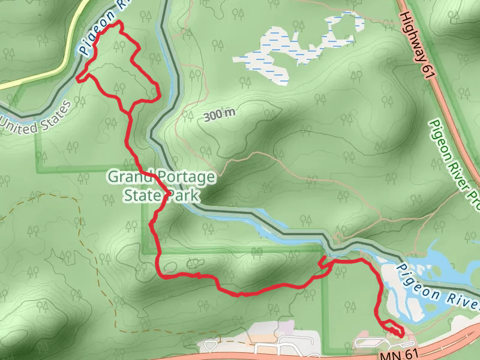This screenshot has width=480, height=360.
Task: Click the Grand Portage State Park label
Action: pos(160,186)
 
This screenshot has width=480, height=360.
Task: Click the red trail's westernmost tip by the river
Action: pos(77,77)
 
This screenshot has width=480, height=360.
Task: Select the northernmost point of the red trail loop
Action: pos(119,22)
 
